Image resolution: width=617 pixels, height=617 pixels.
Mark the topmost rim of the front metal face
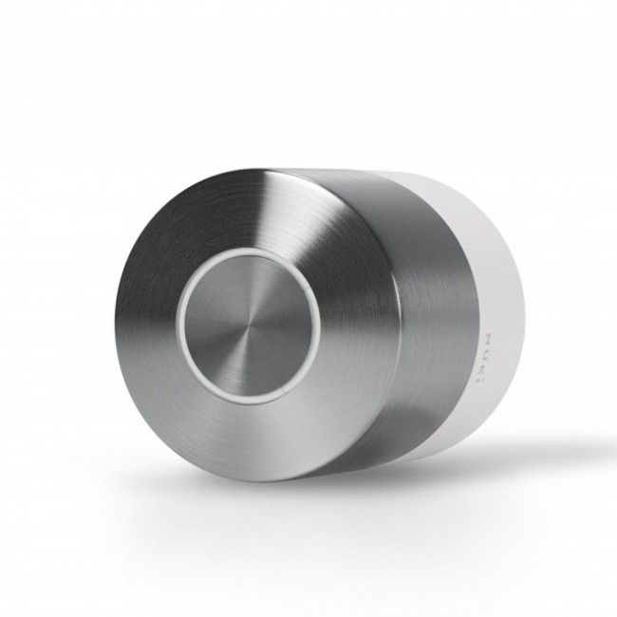pos(247,171)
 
